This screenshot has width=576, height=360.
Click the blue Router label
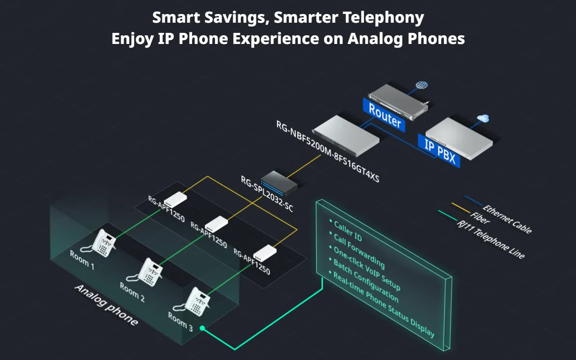tap(384, 115)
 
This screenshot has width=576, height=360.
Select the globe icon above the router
tap(421, 85)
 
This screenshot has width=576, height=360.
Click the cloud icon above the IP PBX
tap(483, 118)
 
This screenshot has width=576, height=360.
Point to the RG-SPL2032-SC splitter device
tap(279, 183)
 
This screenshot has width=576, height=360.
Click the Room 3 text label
tap(181, 321)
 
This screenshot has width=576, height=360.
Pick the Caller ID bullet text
tap(348, 231)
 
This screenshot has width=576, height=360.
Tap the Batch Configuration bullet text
tap(365, 280)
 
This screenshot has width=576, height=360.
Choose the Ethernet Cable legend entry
tap(506, 219)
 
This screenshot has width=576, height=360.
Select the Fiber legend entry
tap(480, 218)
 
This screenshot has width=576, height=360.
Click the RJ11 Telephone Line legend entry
tap(491, 239)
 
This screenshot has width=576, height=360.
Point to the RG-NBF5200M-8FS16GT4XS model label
tap(328, 151)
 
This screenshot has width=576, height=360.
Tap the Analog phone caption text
tap(107, 305)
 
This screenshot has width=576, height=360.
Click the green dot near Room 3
tap(202, 328)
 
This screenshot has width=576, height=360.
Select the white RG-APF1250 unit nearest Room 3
tap(265, 253)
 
